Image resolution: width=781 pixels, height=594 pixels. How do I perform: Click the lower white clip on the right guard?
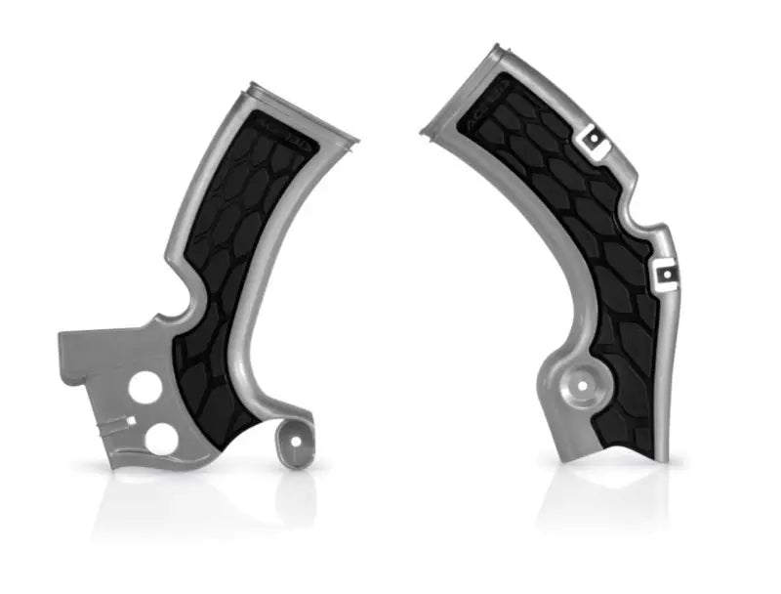click(668, 267)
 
